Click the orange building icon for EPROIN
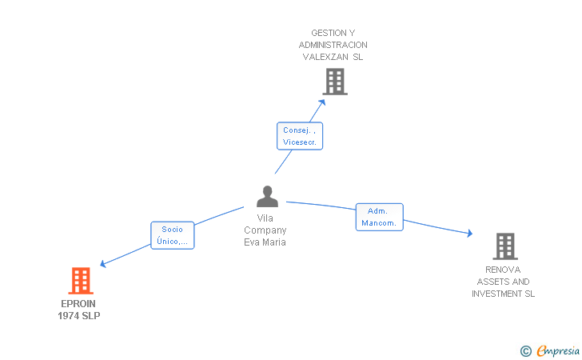81,281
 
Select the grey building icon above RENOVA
505,246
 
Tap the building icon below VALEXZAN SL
335,82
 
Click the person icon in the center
267,197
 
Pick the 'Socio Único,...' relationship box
173,235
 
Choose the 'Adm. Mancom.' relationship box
379,217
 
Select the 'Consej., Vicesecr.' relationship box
300,136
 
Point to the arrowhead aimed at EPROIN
103,263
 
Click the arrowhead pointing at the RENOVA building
470,233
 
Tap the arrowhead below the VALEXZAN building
322,102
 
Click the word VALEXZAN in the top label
325,57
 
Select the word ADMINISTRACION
333,45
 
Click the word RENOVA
503,270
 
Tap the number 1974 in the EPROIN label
69,316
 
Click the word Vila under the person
265,218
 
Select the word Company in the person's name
265,230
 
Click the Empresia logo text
558,350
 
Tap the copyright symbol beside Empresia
526,351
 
